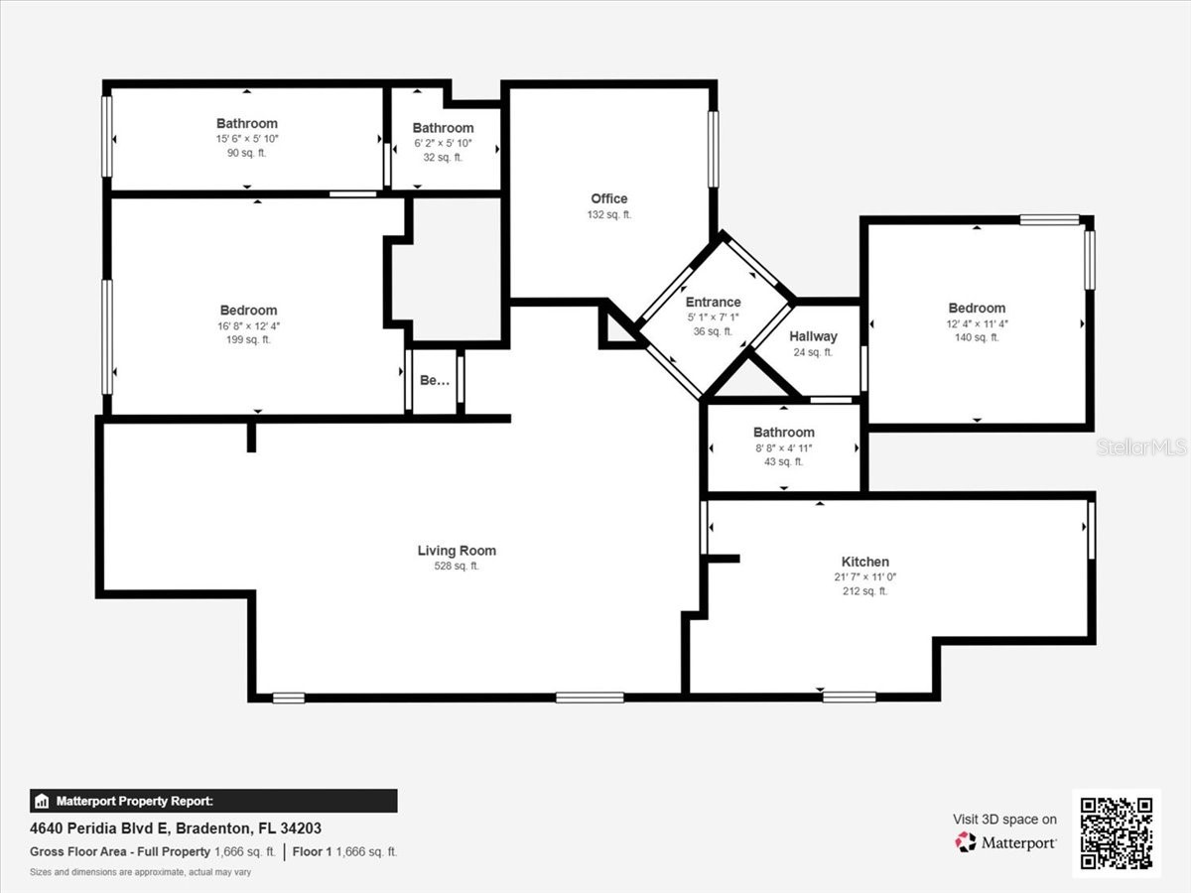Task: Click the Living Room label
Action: point(457,551)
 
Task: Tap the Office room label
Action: point(608,198)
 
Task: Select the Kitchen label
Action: point(864,562)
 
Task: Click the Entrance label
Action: point(713,303)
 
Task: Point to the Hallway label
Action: point(813,336)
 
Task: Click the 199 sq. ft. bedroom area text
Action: point(248,339)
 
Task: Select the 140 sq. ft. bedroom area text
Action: point(977,337)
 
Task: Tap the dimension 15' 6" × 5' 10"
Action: point(247,140)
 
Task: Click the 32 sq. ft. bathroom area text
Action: point(443,157)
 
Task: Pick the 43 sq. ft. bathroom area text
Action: point(783,461)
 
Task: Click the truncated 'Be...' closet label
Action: point(434,380)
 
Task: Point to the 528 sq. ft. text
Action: point(457,567)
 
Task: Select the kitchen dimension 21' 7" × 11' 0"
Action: point(864,576)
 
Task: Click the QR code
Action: point(1117,833)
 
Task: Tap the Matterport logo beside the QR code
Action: point(1005,842)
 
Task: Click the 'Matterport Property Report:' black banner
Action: point(213,801)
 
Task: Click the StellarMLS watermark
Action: point(1140,447)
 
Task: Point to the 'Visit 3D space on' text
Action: point(1004,820)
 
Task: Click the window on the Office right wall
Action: point(713,149)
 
